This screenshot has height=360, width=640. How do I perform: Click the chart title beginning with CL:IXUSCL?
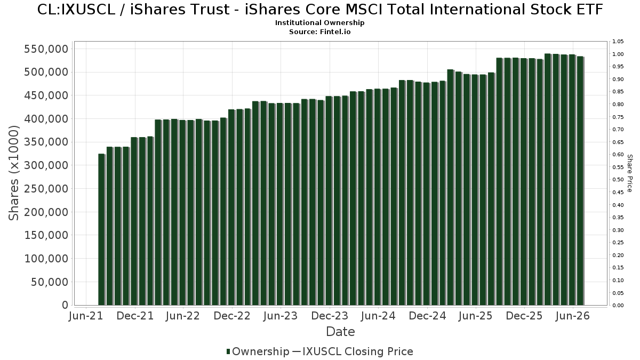pos(320,10)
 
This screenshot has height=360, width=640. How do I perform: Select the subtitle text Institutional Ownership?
pos(319,23)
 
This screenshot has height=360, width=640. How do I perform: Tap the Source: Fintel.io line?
pos(319,31)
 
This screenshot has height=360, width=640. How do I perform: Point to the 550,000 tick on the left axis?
pos(46,49)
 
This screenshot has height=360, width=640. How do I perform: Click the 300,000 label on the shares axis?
pos(46,165)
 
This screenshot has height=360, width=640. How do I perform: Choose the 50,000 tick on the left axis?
pos(50,282)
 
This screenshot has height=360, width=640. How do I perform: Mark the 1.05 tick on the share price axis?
pos(618,42)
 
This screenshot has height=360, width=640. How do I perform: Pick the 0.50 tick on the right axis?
pos(618,180)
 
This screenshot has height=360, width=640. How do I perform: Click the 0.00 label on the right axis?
pos(618,306)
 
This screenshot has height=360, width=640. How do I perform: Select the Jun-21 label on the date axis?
pos(86,316)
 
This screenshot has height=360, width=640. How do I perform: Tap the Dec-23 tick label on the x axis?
pos(330,316)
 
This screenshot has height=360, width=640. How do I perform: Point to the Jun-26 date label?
pos(573,316)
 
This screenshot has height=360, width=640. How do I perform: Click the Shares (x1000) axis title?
pos(13,173)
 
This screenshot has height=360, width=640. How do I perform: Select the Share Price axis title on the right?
pos(629,173)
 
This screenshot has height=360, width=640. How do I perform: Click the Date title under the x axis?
pos(340,332)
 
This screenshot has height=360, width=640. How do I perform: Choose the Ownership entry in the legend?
pos(258,351)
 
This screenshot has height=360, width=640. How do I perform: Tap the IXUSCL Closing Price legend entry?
pos(353,351)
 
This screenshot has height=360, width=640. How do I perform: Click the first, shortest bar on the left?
pos(102,229)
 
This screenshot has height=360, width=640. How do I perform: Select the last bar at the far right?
pos(581,181)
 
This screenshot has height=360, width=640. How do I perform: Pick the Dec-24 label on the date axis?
pos(427,316)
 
